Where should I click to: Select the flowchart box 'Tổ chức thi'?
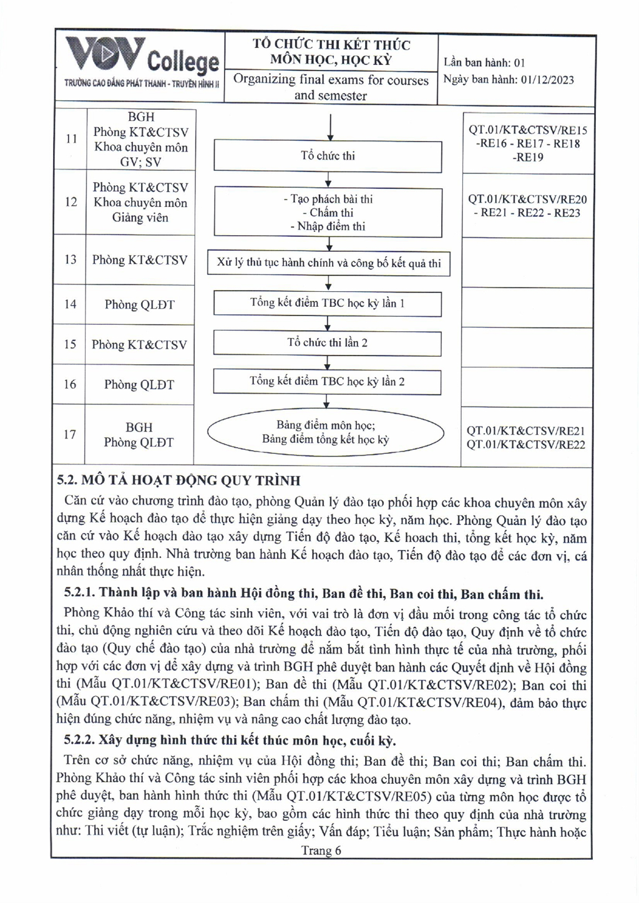tap(328, 156)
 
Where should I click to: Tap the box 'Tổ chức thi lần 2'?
tap(328, 343)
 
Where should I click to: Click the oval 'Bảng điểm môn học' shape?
tap(326, 432)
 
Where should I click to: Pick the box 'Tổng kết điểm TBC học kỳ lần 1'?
tap(328, 304)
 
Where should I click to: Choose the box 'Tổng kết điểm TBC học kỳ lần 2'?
tap(328, 382)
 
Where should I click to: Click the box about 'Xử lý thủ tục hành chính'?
tap(329, 263)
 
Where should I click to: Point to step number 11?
tap(71, 138)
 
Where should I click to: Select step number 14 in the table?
tap(71, 304)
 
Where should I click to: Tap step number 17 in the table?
tap(71, 435)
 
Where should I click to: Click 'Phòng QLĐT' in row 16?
tap(139, 385)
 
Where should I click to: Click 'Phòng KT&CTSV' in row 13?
tap(140, 260)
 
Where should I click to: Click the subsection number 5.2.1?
tap(80, 593)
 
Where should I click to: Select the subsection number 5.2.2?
tap(80, 740)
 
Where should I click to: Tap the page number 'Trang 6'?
tap(321, 851)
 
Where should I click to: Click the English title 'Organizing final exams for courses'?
tap(331, 80)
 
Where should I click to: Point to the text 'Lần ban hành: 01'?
tap(484, 62)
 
